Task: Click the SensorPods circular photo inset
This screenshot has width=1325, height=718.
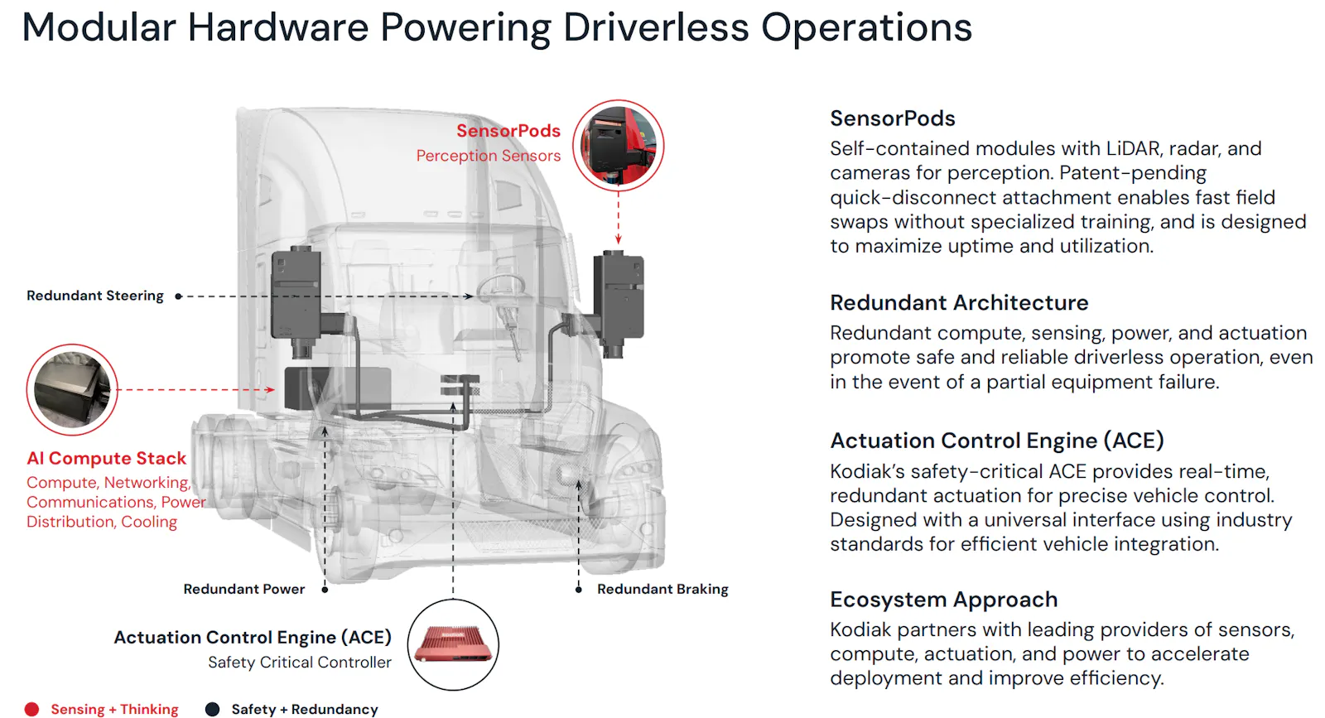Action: click(x=618, y=146)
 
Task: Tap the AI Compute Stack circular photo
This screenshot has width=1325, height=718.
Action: click(x=72, y=390)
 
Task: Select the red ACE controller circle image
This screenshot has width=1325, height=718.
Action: click(x=453, y=644)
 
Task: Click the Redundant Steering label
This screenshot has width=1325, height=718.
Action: click(x=95, y=296)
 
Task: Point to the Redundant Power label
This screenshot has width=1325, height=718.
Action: click(x=244, y=589)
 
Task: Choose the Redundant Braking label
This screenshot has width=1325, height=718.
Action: click(x=662, y=589)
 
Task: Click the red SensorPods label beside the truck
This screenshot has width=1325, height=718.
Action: click(x=508, y=131)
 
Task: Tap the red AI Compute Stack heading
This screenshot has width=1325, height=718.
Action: click(x=107, y=458)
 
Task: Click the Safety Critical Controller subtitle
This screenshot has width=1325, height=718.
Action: click(x=300, y=663)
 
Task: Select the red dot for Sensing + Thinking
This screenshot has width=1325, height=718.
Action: click(x=32, y=709)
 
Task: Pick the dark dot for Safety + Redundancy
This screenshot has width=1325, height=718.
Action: click(x=212, y=709)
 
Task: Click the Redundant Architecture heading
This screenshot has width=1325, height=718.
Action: click(x=959, y=303)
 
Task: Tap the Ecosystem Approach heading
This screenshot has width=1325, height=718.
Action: click(x=943, y=600)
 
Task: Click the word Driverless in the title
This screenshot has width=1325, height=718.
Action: click(x=656, y=27)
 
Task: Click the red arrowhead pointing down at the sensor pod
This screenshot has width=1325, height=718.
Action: click(x=618, y=239)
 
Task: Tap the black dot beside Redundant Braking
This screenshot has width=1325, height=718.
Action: click(x=579, y=590)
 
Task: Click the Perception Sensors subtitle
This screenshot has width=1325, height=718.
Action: click(x=489, y=156)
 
